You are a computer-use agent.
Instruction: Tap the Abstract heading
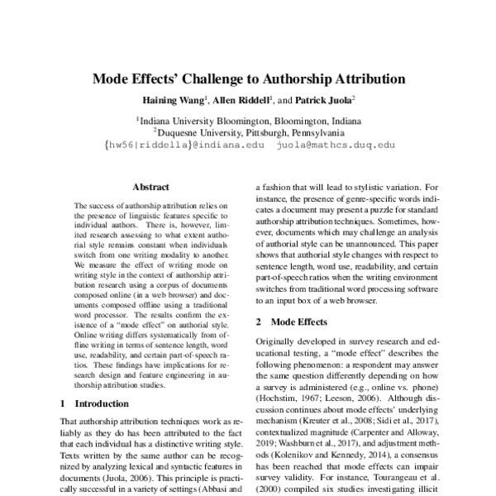click(x=150, y=188)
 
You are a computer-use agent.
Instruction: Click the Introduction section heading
click(x=103, y=404)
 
